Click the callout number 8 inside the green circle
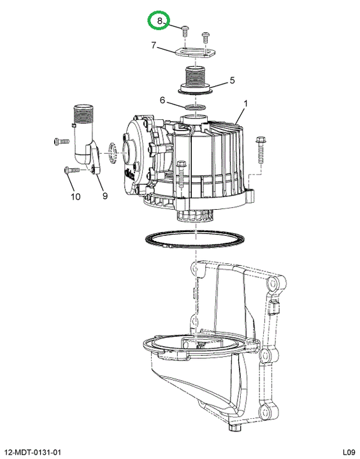tap(159, 21)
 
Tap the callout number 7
tap(154, 45)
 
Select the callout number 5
tap(232, 80)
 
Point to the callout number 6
tap(162, 101)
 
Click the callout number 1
tap(246, 104)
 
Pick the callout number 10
tap(76, 196)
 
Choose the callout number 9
tap(104, 196)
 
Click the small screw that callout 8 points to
tap(185, 31)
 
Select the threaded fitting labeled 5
tap(195, 81)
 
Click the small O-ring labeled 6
tap(195, 106)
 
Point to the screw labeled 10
tap(72, 170)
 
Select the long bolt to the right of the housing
tap(260, 150)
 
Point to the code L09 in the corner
tap(349, 452)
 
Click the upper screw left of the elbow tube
tap(61, 142)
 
